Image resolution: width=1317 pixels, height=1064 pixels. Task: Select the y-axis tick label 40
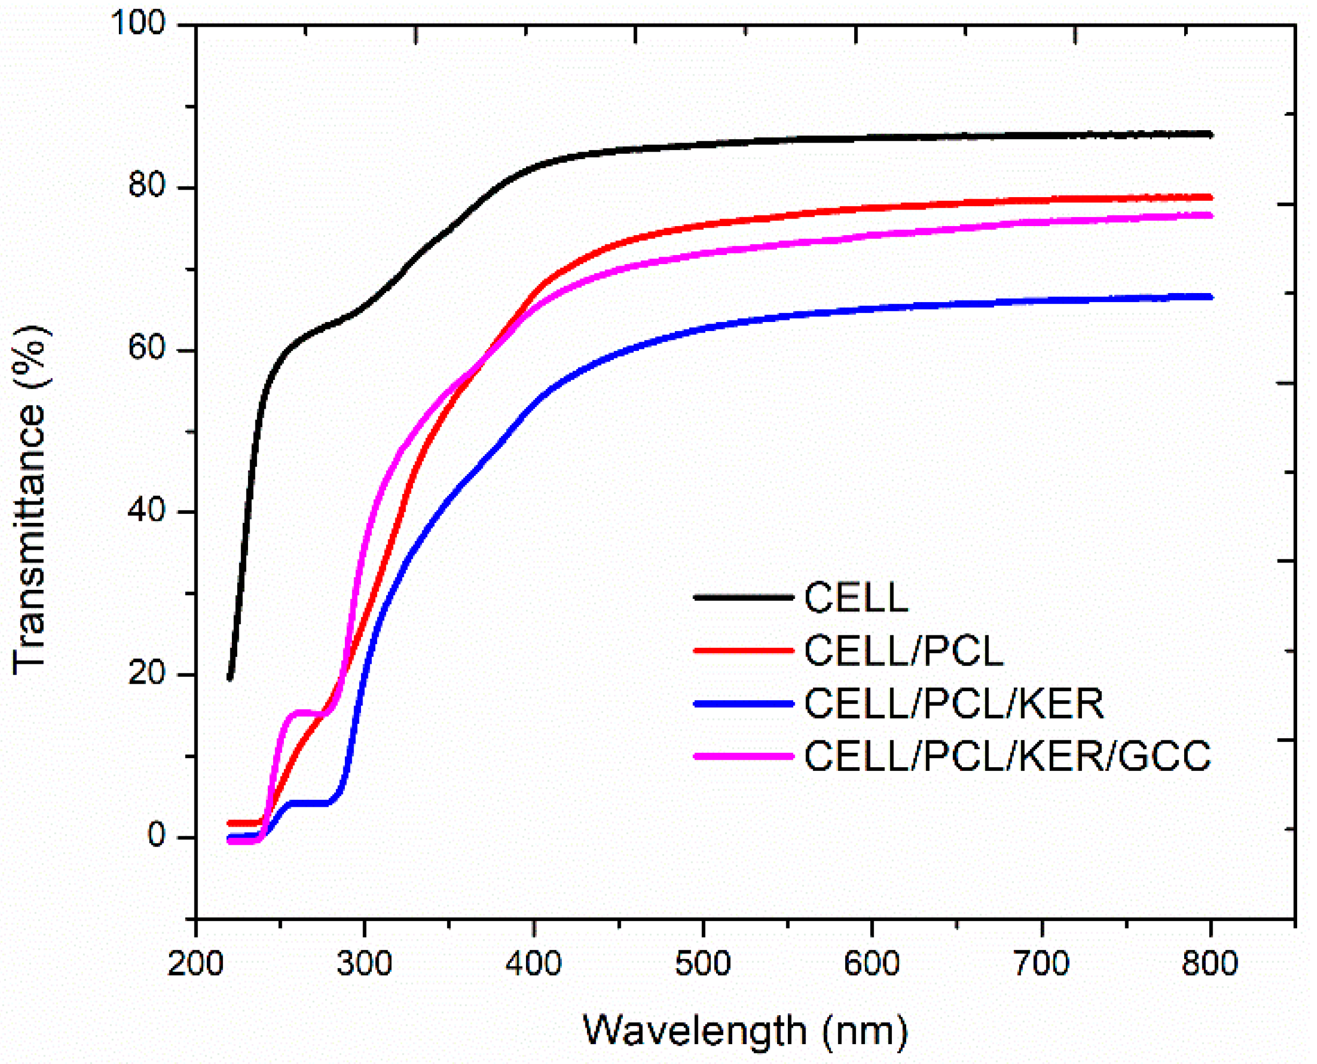[x=147, y=510]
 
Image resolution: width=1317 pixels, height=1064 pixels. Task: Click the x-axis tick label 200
[x=195, y=963]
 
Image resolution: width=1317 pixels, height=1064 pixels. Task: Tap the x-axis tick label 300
[x=365, y=963]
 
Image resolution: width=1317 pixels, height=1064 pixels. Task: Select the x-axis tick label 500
[x=703, y=963]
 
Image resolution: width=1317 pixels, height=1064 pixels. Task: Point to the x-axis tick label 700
[x=1041, y=963]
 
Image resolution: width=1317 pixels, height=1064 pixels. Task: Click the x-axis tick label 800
[x=1210, y=963]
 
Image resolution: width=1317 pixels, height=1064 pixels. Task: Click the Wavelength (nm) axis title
[x=745, y=1030]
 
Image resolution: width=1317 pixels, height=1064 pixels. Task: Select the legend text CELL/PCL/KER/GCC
[x=1007, y=756]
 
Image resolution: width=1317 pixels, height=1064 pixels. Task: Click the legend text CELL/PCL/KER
[x=954, y=703]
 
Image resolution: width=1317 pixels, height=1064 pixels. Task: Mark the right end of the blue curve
[x=1210, y=297]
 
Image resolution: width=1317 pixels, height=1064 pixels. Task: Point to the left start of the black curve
[x=230, y=678]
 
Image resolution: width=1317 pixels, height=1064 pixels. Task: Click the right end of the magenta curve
[x=1210, y=215]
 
